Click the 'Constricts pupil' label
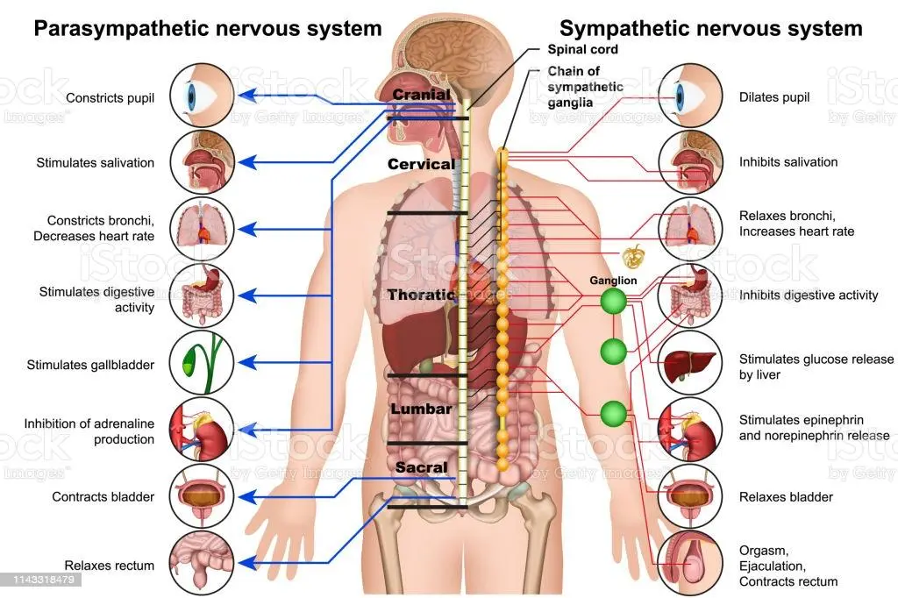(110, 98)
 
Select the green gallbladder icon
(201, 361)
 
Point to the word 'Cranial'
(422, 95)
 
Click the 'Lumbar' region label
(421, 409)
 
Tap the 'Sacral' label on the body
(421, 467)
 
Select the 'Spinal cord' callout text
(583, 50)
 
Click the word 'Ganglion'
(613, 281)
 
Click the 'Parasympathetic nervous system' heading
(208, 28)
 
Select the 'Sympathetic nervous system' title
(711, 28)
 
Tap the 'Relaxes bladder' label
(786, 497)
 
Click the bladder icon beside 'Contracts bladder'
(201, 496)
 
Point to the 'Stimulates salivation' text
(95, 162)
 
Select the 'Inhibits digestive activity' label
(809, 295)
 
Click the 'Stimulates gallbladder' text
(90, 365)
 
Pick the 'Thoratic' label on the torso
(422, 295)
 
